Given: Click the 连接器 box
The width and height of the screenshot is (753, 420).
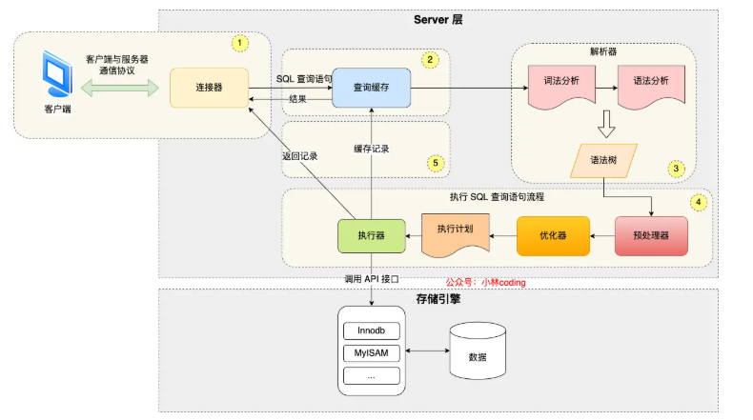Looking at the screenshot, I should point(209,88).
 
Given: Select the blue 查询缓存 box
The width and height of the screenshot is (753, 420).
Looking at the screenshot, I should point(371,88).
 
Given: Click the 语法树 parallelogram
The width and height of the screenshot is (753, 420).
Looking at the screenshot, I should point(603,161).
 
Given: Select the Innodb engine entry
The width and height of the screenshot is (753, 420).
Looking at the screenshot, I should point(371,330).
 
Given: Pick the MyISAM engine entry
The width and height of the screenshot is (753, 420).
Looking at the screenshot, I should point(371,353).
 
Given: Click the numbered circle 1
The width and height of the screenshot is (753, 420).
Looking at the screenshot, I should point(240,43).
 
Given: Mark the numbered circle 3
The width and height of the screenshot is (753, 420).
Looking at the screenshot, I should point(676,169).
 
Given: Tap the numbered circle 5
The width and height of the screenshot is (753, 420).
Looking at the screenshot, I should point(436,163).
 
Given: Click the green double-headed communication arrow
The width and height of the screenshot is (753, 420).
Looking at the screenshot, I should point(120,88).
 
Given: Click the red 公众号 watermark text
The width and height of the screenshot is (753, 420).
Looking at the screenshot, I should point(485,282).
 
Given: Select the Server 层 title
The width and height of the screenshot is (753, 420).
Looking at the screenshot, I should point(438,20).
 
